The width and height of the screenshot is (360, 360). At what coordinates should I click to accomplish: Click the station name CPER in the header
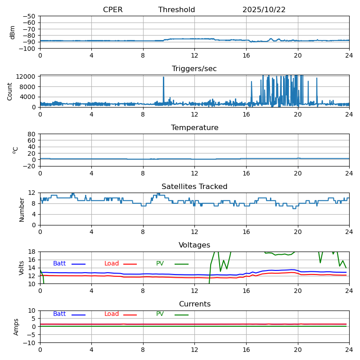click(x=112, y=10)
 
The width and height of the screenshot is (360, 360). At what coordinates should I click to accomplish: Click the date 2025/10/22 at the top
click(x=264, y=10)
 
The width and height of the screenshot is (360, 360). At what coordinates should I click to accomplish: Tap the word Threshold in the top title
click(x=176, y=10)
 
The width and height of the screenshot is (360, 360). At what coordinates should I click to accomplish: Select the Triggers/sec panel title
click(x=194, y=69)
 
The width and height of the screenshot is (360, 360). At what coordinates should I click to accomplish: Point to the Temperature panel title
click(x=194, y=128)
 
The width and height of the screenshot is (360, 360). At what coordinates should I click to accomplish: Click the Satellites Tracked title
click(x=194, y=187)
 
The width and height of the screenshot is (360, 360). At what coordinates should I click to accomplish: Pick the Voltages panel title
click(x=194, y=245)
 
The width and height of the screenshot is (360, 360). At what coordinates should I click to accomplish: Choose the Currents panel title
click(x=194, y=304)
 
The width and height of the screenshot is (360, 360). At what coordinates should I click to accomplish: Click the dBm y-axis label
click(x=13, y=32)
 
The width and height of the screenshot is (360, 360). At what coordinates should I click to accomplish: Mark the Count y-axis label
click(x=10, y=91)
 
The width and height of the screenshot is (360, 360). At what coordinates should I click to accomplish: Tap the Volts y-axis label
click(x=22, y=268)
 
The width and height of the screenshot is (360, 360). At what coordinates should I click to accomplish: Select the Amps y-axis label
click(x=16, y=327)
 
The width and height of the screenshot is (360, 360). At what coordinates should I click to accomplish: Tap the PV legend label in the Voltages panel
click(x=160, y=264)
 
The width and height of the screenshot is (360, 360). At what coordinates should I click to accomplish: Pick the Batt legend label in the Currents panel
click(x=59, y=314)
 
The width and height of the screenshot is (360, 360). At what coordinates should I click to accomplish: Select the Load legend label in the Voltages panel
click(x=111, y=264)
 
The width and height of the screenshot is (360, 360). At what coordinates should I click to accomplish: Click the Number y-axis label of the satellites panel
click(x=22, y=209)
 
